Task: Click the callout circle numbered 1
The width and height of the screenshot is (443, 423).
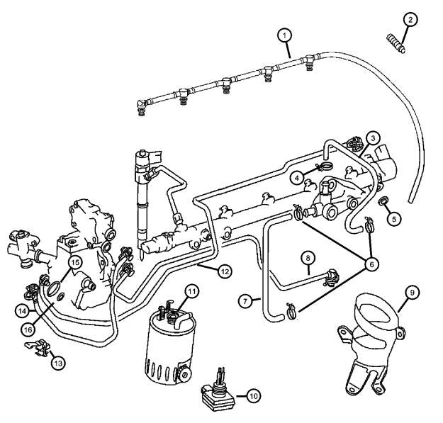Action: (285, 35)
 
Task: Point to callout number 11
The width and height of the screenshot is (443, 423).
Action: (192, 291)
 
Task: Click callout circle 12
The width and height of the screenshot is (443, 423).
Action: (224, 270)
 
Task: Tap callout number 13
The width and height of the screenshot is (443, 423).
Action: (57, 362)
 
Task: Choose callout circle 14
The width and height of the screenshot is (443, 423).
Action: (24, 310)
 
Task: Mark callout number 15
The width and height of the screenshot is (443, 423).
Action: (74, 262)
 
